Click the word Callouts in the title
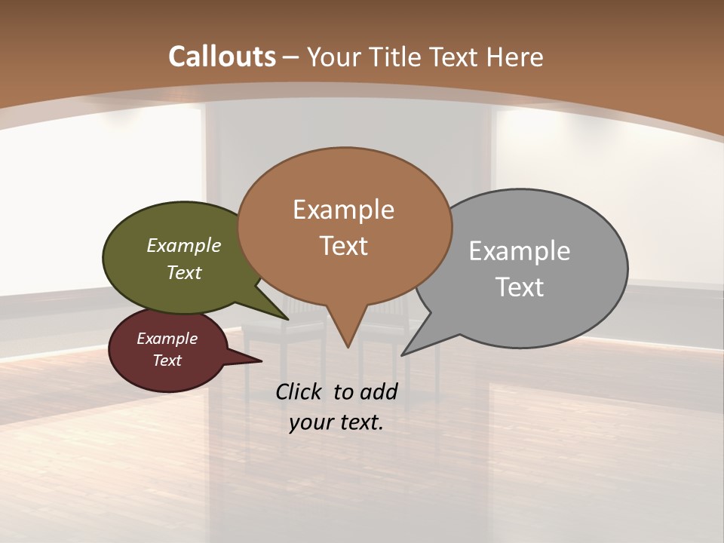(x=222, y=57)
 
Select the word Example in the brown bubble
(x=343, y=210)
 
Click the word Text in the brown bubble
(x=344, y=246)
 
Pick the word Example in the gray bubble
(x=520, y=251)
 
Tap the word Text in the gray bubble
(x=520, y=287)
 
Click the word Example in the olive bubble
(x=184, y=246)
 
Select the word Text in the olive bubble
(x=184, y=273)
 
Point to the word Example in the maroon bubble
(x=167, y=339)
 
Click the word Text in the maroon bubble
(x=167, y=360)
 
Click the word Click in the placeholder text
(x=300, y=391)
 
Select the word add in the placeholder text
(x=378, y=391)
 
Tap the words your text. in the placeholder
(x=336, y=422)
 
